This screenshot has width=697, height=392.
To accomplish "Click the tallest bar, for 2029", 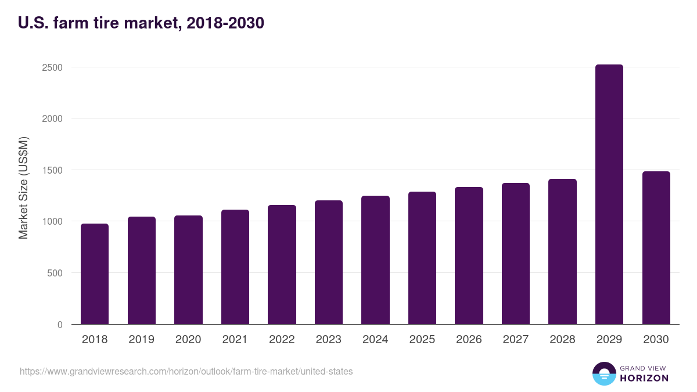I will [609, 195].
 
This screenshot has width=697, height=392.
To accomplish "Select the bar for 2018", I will [95, 274].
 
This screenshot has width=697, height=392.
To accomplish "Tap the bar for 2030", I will [656, 248].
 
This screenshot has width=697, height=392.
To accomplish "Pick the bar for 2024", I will [375, 260].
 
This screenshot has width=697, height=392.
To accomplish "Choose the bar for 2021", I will [235, 267].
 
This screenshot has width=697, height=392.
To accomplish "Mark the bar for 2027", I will [516, 254].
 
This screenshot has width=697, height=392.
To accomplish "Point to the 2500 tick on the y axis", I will [52, 67].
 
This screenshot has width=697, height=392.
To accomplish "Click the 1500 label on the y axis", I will [52, 170].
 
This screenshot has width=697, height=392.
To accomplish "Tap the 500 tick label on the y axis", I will [55, 273].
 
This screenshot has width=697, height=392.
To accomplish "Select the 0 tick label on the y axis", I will [59, 325].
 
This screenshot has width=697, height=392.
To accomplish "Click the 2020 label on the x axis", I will [188, 340].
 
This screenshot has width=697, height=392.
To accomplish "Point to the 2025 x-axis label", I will [422, 340].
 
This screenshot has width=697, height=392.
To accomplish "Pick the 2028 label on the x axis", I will [562, 340].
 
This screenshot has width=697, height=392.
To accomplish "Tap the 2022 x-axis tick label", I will [282, 340].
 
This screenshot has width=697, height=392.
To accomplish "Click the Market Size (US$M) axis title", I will [23, 188].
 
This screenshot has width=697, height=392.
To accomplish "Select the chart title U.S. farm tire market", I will [141, 23].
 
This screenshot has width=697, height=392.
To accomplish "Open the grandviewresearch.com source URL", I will [186, 371].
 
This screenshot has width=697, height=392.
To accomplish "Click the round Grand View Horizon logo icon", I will [603, 373].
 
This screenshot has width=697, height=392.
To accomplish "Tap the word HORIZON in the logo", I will [644, 378].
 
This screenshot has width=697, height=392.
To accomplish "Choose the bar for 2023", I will [329, 262].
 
